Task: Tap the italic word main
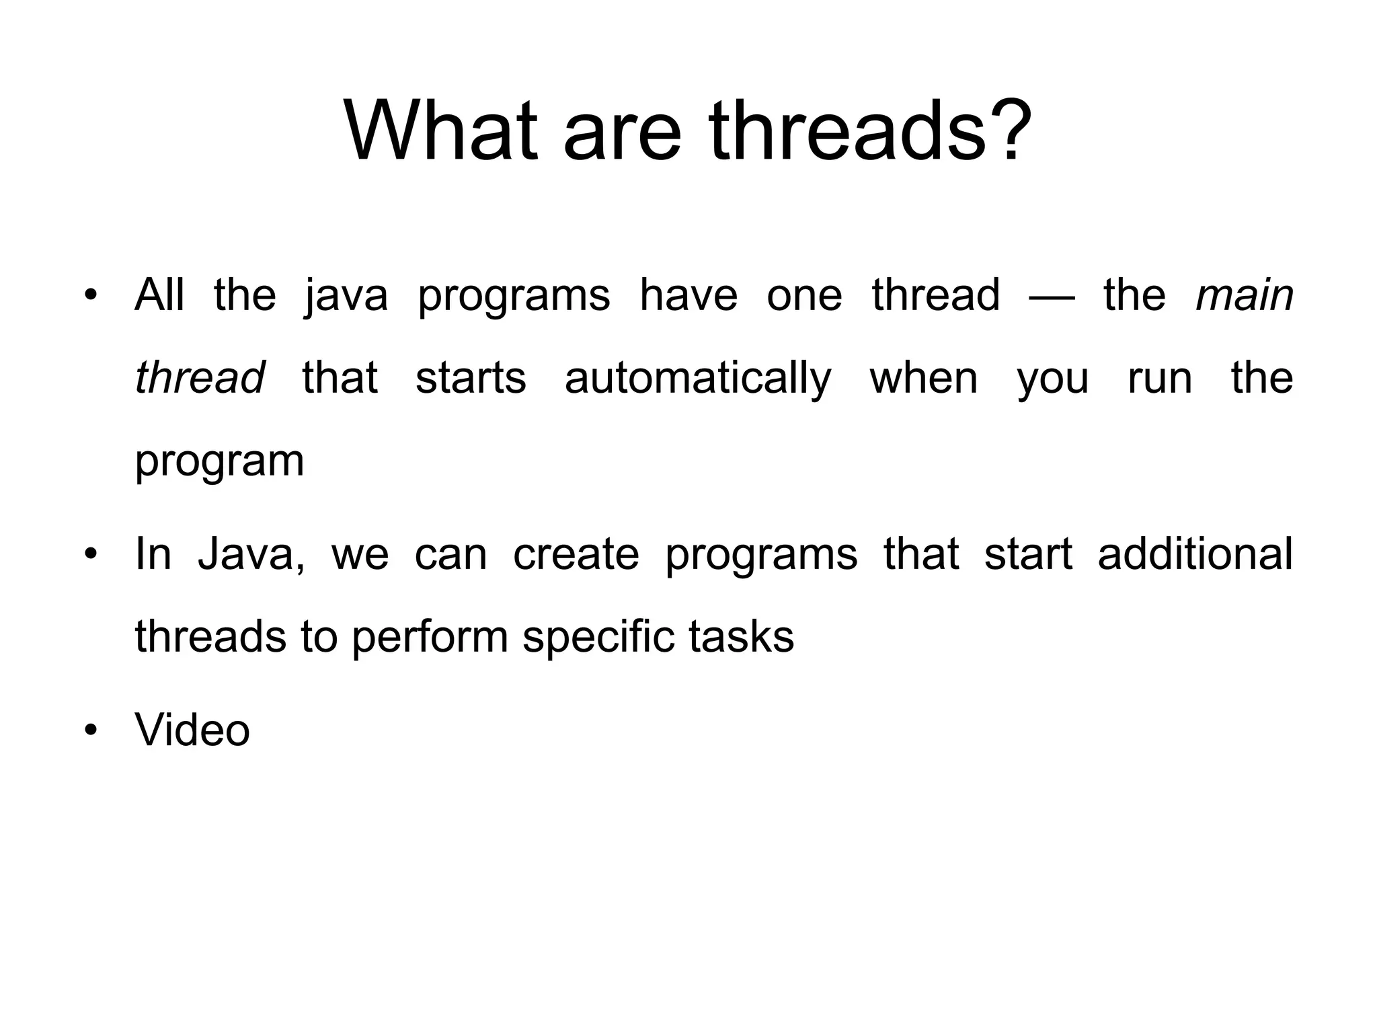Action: pyautogui.click(x=1245, y=295)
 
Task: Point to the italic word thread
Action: pyautogui.click(x=200, y=377)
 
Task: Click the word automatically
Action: pyautogui.click(x=698, y=379)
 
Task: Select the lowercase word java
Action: pyautogui.click(x=346, y=297)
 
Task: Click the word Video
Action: pyautogui.click(x=192, y=730)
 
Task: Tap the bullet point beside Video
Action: pyautogui.click(x=91, y=730)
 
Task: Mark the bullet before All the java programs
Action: pyautogui.click(x=91, y=296)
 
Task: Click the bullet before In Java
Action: pyautogui.click(x=91, y=554)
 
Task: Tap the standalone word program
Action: pyautogui.click(x=219, y=462)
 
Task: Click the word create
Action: pyautogui.click(x=576, y=554)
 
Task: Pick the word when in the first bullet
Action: pyautogui.click(x=924, y=378)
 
